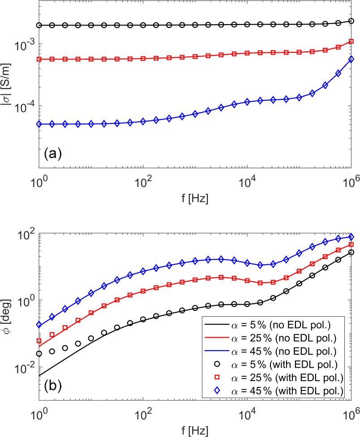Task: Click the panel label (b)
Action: tap(52, 384)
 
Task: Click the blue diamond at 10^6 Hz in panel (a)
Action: tap(351, 59)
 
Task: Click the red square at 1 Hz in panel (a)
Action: tap(39, 59)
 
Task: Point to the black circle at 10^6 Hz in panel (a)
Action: tap(351, 21)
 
